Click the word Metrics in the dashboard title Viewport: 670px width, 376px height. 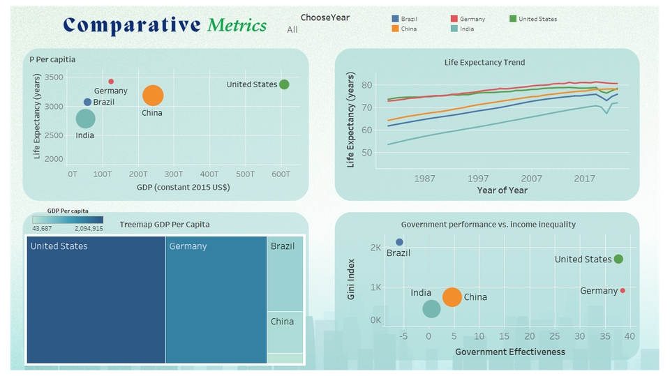[237, 26]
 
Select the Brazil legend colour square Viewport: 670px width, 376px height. [396, 19]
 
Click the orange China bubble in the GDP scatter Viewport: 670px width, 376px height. [153, 96]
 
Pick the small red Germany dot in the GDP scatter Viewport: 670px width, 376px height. [111, 82]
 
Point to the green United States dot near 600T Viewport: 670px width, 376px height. [284, 84]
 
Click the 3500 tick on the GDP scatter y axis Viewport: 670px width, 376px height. [54, 77]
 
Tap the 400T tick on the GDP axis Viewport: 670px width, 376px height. [209, 174]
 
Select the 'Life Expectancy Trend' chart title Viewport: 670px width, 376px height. [484, 62]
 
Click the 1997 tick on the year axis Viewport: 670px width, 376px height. [478, 179]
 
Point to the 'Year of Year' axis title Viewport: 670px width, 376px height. [502, 190]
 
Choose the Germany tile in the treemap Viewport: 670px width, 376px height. [216, 300]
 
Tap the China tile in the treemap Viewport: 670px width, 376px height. [285, 331]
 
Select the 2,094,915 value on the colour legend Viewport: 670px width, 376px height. [88, 228]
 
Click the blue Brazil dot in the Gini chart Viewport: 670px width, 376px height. [399, 242]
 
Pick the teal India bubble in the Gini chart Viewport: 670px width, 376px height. [432, 308]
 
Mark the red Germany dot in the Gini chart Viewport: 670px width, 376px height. [623, 290]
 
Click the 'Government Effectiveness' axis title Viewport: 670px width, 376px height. [510, 352]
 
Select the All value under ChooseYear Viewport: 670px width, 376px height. [292, 30]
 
